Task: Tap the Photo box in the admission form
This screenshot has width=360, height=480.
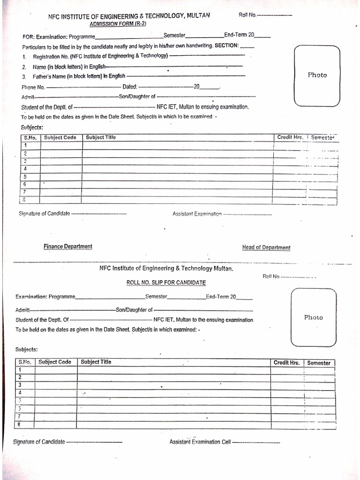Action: pyautogui.click(x=317, y=75)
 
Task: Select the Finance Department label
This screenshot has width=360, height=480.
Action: pyautogui.click(x=68, y=247)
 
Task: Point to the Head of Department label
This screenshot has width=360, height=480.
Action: pyautogui.click(x=266, y=247)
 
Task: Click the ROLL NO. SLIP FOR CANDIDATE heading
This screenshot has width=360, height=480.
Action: pyautogui.click(x=166, y=283)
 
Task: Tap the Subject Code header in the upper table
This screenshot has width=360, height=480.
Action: pyautogui.click(x=60, y=137)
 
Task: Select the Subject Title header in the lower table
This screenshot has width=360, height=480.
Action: pyautogui.click(x=96, y=362)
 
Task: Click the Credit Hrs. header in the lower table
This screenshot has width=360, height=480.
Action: pyautogui.click(x=286, y=363)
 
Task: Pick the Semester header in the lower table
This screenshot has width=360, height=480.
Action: pyautogui.click(x=319, y=363)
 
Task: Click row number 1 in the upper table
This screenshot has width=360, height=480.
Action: pyautogui.click(x=25, y=145)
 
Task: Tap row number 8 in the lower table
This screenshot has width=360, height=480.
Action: pyautogui.click(x=20, y=424)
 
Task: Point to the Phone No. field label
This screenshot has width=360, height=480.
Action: pyautogui.click(x=33, y=87)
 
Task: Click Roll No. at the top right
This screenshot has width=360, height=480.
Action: pyautogui.click(x=247, y=15)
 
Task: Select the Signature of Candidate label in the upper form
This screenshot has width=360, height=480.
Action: pyautogui.click(x=45, y=213)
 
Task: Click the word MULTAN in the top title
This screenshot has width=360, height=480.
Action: pyautogui.click(x=198, y=15)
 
